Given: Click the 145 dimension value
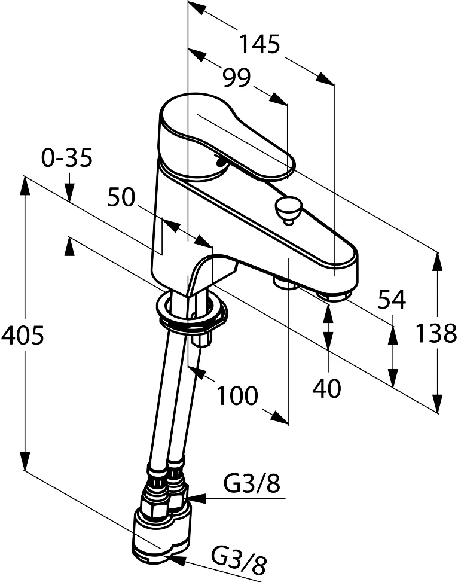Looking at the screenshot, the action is coord(259,44).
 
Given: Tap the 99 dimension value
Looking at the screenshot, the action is coord(237,78).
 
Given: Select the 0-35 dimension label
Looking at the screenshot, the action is coord(67,157).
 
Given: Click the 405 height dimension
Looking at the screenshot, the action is coord(23,335).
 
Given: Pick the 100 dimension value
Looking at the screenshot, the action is coord(237,395).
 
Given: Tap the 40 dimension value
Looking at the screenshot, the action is coord(326,388).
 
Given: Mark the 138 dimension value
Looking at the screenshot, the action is coord(436,333).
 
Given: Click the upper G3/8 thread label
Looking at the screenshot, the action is coord(252,484).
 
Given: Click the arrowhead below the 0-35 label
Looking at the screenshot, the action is coord(69,193).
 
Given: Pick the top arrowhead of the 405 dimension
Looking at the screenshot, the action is coord(25,185).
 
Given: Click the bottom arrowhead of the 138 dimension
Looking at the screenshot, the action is coord(438,403).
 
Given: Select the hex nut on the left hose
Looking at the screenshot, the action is coord(154,505).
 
